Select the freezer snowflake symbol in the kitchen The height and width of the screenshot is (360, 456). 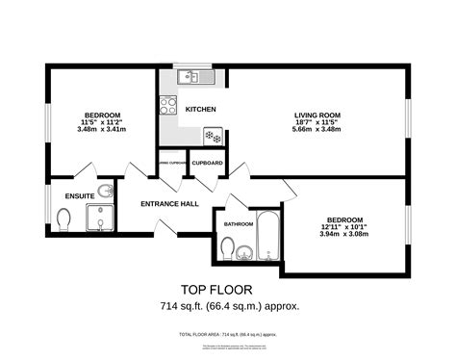[x=213, y=137]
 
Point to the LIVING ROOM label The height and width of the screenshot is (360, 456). [x=317, y=116]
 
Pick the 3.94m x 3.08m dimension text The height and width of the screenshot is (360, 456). [x=343, y=232]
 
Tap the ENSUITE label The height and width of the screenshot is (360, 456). [x=80, y=195]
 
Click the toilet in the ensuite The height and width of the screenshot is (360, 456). [x=63, y=222]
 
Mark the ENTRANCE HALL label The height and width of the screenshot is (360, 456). [x=169, y=203]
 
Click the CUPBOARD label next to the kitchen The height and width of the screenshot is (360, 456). [x=208, y=164]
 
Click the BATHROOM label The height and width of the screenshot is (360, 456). [x=239, y=224]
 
